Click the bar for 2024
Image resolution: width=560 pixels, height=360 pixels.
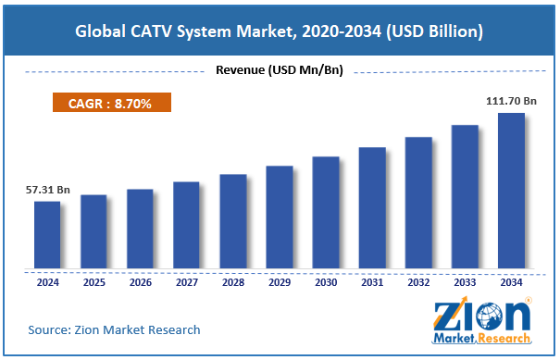pos(47,235)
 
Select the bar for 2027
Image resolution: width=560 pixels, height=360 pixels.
pos(186,225)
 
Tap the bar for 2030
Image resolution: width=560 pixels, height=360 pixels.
pos(325,213)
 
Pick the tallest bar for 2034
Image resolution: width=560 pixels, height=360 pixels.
pos(511,192)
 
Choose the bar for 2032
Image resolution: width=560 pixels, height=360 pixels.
pos(418,203)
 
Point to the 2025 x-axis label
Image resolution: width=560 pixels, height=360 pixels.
pos(93,281)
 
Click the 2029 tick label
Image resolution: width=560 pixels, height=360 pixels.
pos(279,281)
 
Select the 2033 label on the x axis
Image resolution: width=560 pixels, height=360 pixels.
pos(465,281)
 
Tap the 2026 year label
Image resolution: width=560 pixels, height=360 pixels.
pos(140,281)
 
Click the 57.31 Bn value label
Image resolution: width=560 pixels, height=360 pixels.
pos(47,190)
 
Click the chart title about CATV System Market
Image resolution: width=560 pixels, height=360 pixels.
pos(280,32)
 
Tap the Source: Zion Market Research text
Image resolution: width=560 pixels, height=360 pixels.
pos(114,329)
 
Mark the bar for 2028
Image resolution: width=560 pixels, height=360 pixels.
pos(232,221)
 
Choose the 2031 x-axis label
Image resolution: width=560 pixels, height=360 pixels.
pos(372,281)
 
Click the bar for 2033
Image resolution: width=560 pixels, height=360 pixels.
pos(465,197)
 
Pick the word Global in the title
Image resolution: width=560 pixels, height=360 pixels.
pos(103,32)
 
